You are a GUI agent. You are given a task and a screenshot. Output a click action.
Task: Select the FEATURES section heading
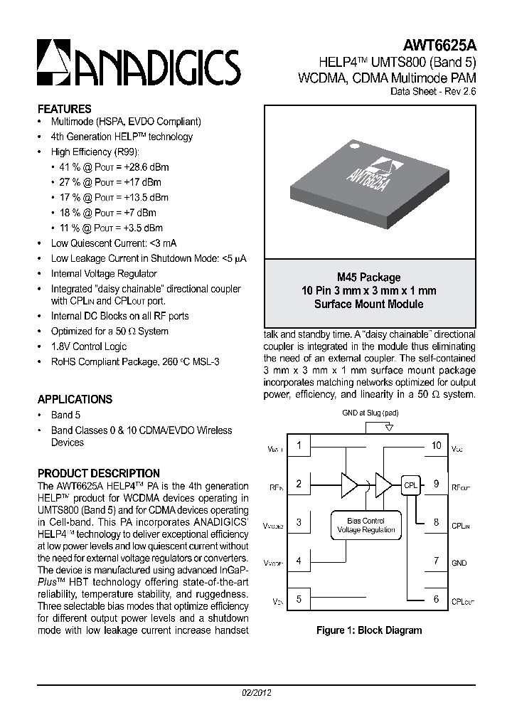coord(64,109)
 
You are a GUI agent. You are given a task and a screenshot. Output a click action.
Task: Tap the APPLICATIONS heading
coord(75,399)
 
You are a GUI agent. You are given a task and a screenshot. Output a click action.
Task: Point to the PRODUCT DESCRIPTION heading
coord(98,473)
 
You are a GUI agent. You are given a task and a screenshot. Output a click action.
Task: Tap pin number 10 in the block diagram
coord(437,446)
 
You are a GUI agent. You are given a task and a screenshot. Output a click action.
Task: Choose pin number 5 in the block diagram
coord(299,599)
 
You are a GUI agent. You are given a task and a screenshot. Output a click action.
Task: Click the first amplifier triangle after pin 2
coord(349,485)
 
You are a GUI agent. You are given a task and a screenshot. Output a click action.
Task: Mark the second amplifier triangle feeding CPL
coord(383,485)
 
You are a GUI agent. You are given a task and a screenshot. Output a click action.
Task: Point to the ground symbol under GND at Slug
coord(388,428)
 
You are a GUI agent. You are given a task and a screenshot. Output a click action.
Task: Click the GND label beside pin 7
coord(459,563)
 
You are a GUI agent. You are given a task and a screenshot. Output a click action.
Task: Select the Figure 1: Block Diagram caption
coord(369,630)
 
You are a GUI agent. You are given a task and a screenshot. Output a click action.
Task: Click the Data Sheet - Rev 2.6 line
coord(434,92)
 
